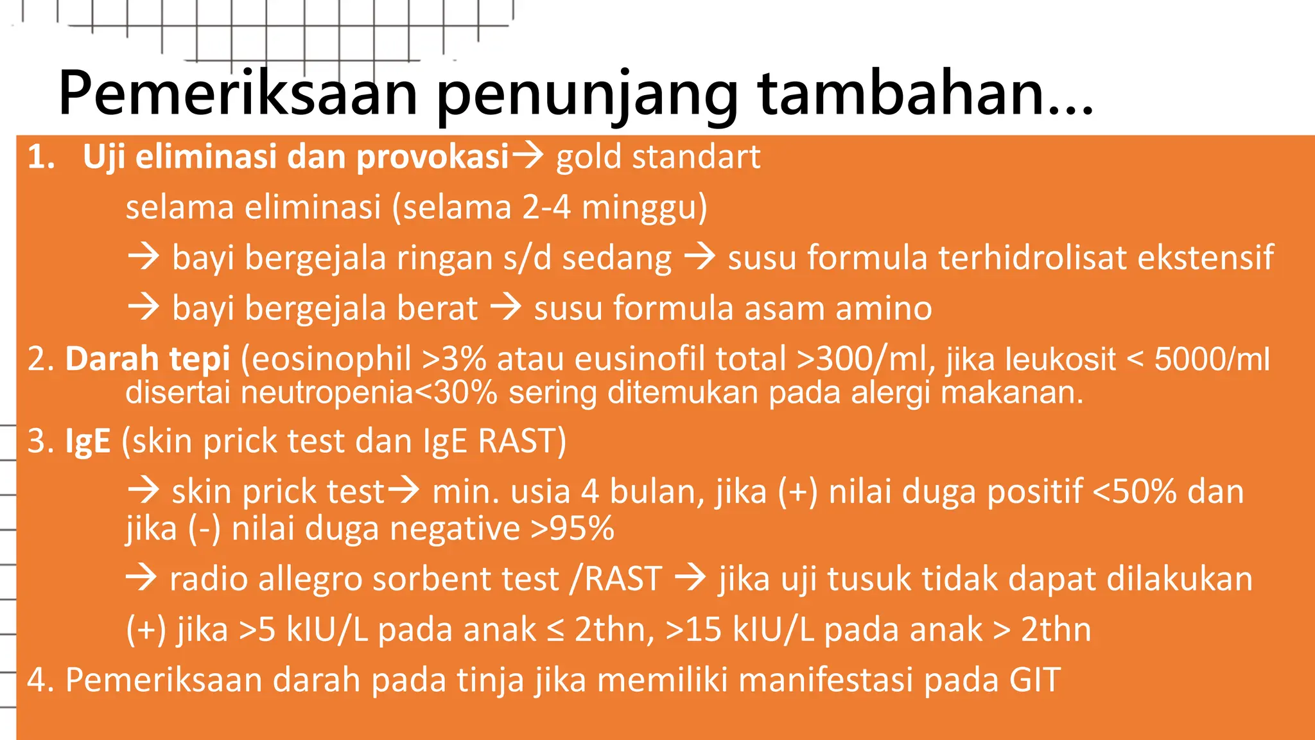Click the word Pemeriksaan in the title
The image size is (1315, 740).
click(x=238, y=94)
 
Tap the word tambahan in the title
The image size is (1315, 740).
click(x=925, y=94)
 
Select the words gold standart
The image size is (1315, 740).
click(x=658, y=157)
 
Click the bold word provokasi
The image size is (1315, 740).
click(x=433, y=157)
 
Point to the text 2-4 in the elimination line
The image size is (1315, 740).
click(x=546, y=207)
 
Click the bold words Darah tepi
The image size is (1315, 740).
click(x=148, y=358)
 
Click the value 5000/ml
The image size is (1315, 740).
click(x=1212, y=358)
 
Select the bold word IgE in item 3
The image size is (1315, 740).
click(x=88, y=441)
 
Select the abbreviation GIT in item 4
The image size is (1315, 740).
click(x=1034, y=680)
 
